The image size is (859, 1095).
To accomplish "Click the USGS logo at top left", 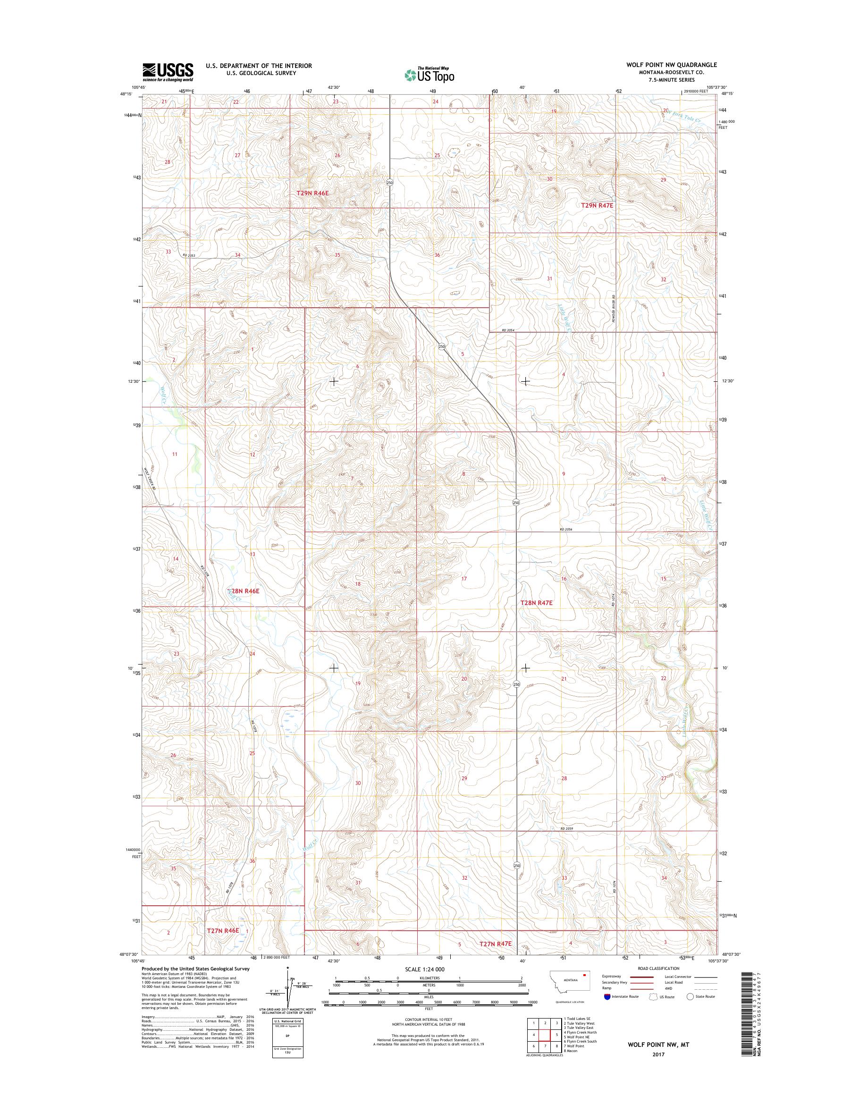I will [168, 72].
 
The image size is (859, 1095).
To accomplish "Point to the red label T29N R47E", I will [597, 206].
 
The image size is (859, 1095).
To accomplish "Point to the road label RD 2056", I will [566, 530].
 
